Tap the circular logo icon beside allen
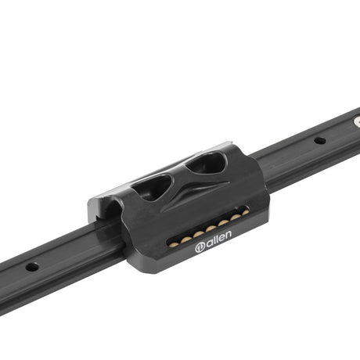200,248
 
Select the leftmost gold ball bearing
174,245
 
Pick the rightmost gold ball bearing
246,213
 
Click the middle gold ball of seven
211,229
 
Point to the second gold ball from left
186,239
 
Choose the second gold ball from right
236,218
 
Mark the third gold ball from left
199,234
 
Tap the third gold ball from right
224,223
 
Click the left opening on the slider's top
151,187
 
